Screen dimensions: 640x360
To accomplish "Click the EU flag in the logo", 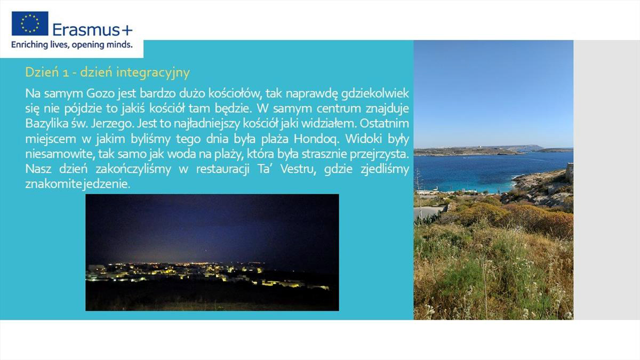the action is tap(30, 23).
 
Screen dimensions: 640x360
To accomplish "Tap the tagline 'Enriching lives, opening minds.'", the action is tap(72, 45).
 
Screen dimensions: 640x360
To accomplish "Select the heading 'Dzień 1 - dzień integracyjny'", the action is tap(107, 73).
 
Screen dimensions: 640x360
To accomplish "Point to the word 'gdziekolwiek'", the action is tap(375, 94).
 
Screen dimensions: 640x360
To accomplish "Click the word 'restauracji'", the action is tap(223, 169).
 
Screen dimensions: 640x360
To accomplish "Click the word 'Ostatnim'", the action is tap(385, 124).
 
